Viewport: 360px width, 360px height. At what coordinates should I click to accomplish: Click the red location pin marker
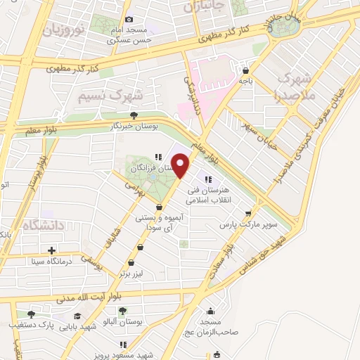point(182,165)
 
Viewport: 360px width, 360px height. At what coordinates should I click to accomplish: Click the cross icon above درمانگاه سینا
point(51,250)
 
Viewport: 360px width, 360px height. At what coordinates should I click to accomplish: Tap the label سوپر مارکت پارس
point(249,226)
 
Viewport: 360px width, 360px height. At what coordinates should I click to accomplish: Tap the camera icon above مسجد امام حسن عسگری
point(128,20)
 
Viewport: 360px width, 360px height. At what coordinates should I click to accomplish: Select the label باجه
point(245,81)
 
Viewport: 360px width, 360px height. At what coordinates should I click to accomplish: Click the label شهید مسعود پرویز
point(146,355)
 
